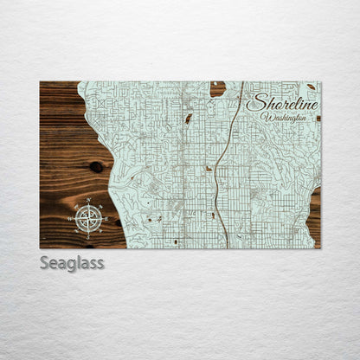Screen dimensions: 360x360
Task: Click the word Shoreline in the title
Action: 282,103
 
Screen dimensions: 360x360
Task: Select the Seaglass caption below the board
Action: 72,262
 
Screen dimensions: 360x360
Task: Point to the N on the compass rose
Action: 89,200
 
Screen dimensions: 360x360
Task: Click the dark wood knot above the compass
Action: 95,166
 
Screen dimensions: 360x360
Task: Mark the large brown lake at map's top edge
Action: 217,87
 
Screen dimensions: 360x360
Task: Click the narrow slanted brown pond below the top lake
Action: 188,118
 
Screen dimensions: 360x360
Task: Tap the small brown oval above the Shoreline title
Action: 311,87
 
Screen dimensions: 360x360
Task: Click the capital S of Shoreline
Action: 254,102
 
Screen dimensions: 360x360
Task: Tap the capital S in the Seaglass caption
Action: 45,262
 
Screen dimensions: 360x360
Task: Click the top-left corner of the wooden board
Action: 40,81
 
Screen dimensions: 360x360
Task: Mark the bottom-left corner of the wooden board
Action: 40,248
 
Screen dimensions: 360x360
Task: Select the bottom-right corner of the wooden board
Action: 320,248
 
